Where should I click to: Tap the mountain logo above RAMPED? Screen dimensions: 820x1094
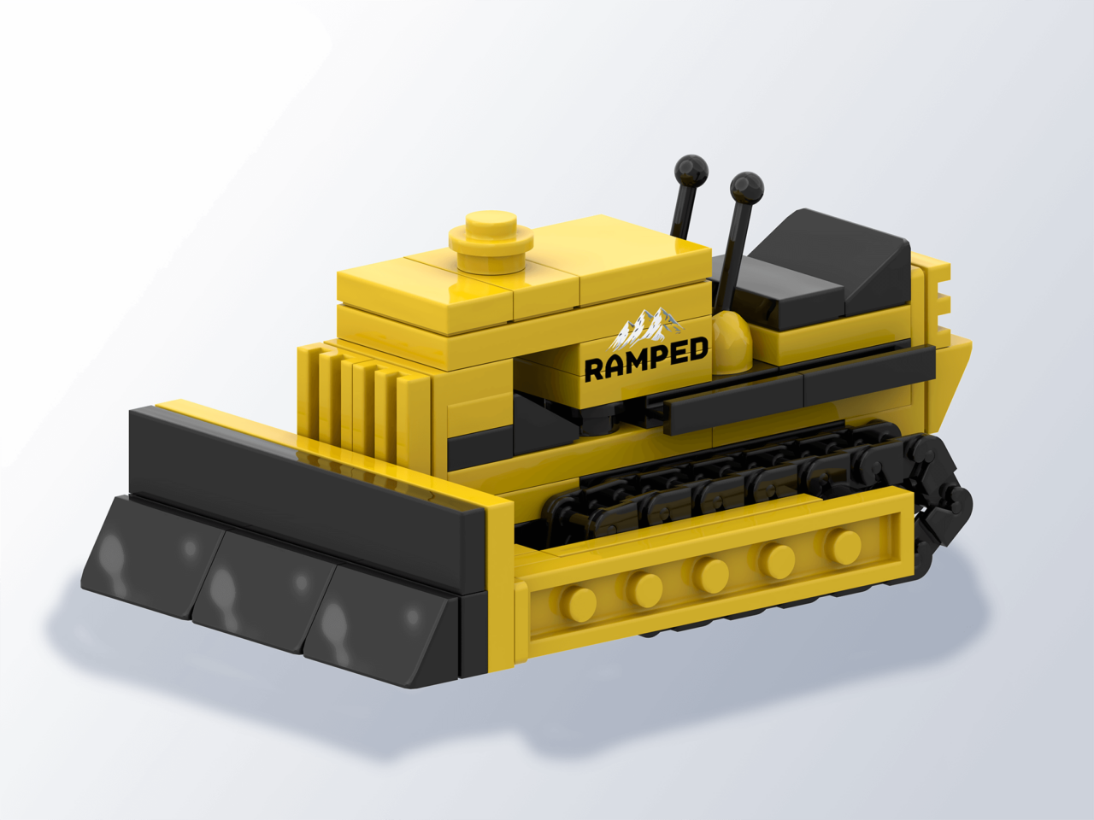pyautogui.click(x=647, y=327)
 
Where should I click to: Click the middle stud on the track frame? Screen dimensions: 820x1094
pyautogui.click(x=710, y=573)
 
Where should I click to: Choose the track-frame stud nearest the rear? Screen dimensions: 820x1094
pyautogui.click(x=843, y=543)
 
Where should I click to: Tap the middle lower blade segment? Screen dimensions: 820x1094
pyautogui.click(x=256, y=589)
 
